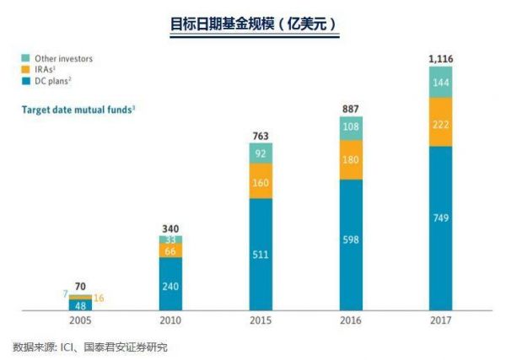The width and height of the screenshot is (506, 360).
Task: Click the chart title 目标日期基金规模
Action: (252, 23)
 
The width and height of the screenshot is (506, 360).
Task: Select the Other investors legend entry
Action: (61, 58)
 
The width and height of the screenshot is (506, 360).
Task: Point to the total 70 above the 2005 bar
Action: (82, 286)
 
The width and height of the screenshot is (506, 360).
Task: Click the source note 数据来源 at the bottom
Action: (96, 347)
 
